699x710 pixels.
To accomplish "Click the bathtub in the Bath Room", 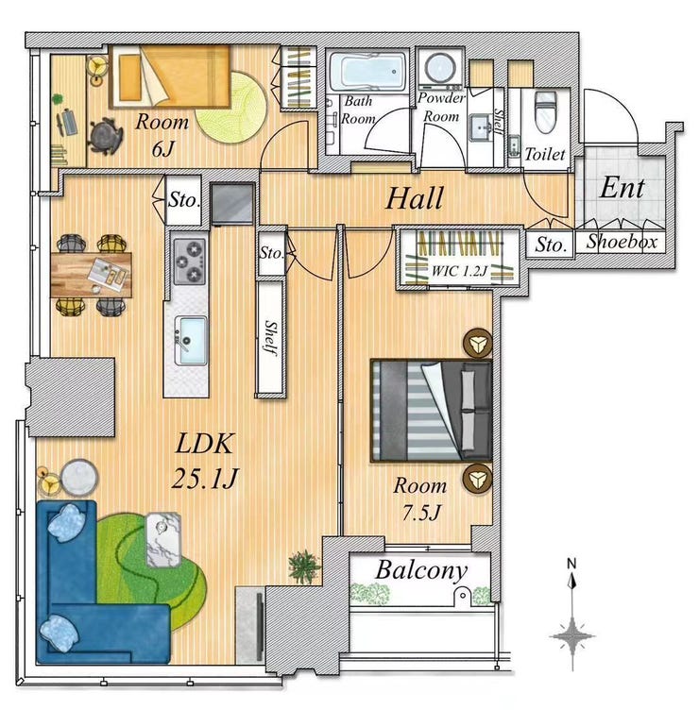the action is click(x=368, y=71).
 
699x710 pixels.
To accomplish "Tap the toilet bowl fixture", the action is click(x=545, y=110).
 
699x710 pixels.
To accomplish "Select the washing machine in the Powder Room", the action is click(x=439, y=69).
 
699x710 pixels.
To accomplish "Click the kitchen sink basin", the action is click(x=191, y=341).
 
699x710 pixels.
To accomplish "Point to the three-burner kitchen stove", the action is click(x=189, y=262).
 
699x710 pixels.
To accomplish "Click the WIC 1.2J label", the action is click(x=459, y=271).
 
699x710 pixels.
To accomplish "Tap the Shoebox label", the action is click(x=622, y=242).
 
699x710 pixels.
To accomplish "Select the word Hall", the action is click(x=414, y=199).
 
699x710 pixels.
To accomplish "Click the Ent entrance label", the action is click(x=622, y=188).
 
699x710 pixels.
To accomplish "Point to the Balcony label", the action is click(x=421, y=570).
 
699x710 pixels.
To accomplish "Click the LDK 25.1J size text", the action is click(x=205, y=461).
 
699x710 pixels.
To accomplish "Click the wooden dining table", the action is click(x=92, y=275).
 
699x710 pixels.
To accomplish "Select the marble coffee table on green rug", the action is click(x=163, y=540).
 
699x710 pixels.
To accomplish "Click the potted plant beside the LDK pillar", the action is click(x=304, y=566).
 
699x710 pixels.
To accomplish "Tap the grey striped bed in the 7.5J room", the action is click(x=432, y=411).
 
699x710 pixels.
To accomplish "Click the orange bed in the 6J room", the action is click(x=170, y=76).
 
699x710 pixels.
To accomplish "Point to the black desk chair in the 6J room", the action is click(x=105, y=136).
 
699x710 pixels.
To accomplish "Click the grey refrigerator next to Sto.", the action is click(x=233, y=203).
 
